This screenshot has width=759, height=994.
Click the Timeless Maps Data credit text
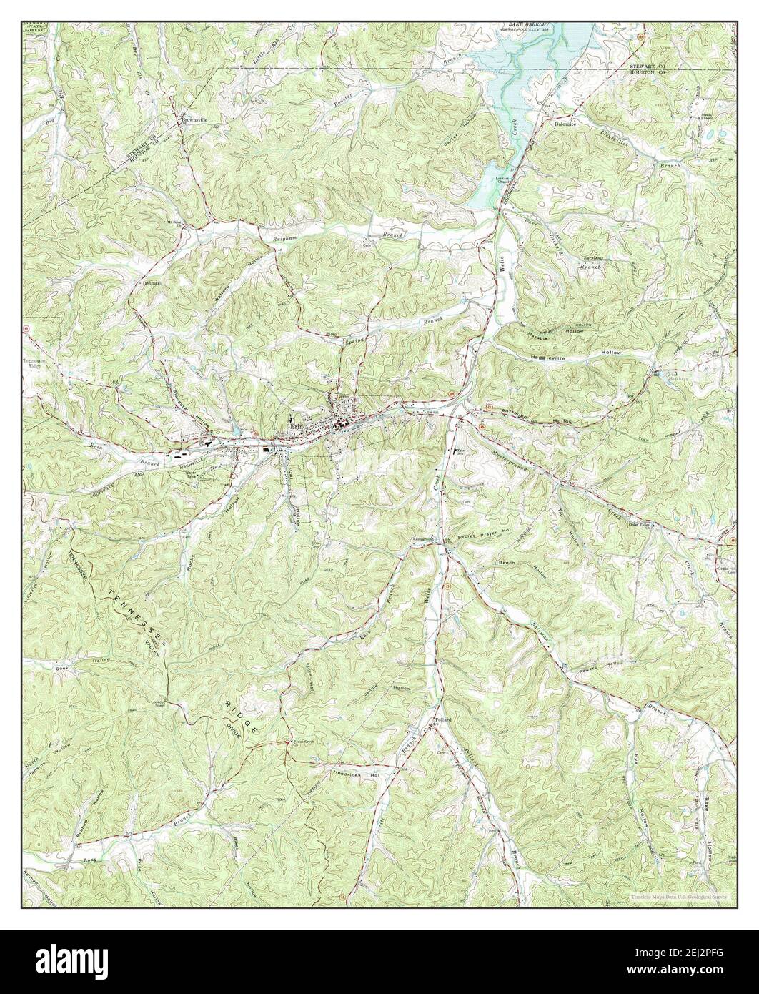[678, 896]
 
